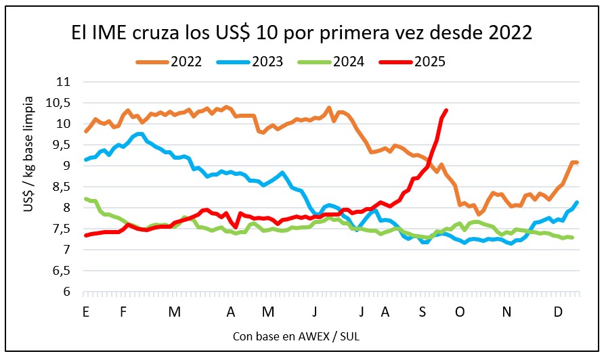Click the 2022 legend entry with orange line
pyautogui.click(x=169, y=62)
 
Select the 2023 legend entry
pyautogui.click(x=250, y=62)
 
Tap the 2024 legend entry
pyautogui.click(x=331, y=62)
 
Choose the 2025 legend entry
pyautogui.click(x=412, y=62)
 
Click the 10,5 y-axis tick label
pyautogui.click(x=60, y=103)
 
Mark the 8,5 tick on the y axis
pyautogui.click(x=62, y=187)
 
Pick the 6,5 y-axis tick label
pyautogui.click(x=62, y=271)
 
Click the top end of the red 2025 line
pyautogui.click(x=446, y=110)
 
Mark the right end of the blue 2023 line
pyautogui.click(x=577, y=202)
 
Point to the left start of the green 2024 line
pyautogui.click(x=85, y=198)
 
